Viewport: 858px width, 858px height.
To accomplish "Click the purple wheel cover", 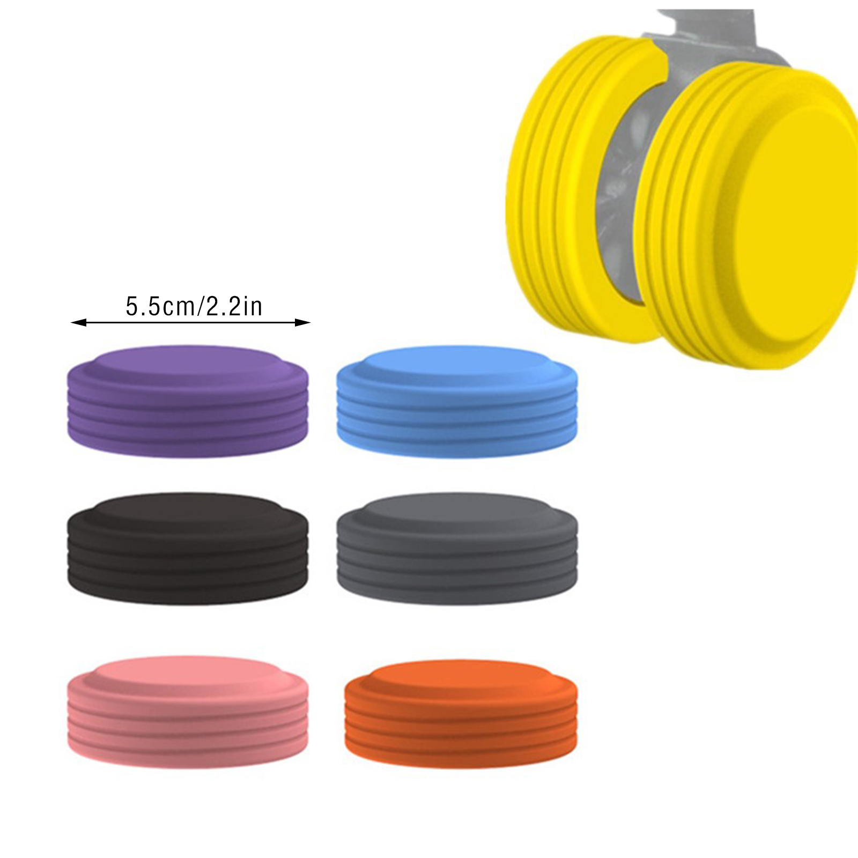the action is tap(188, 401).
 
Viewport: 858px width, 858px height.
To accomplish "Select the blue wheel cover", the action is tap(457, 401).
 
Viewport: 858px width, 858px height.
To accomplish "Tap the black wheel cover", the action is tap(188, 549).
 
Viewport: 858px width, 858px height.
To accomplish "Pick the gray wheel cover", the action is tap(457, 549).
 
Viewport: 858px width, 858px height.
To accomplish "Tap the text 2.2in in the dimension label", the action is tap(234, 307).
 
